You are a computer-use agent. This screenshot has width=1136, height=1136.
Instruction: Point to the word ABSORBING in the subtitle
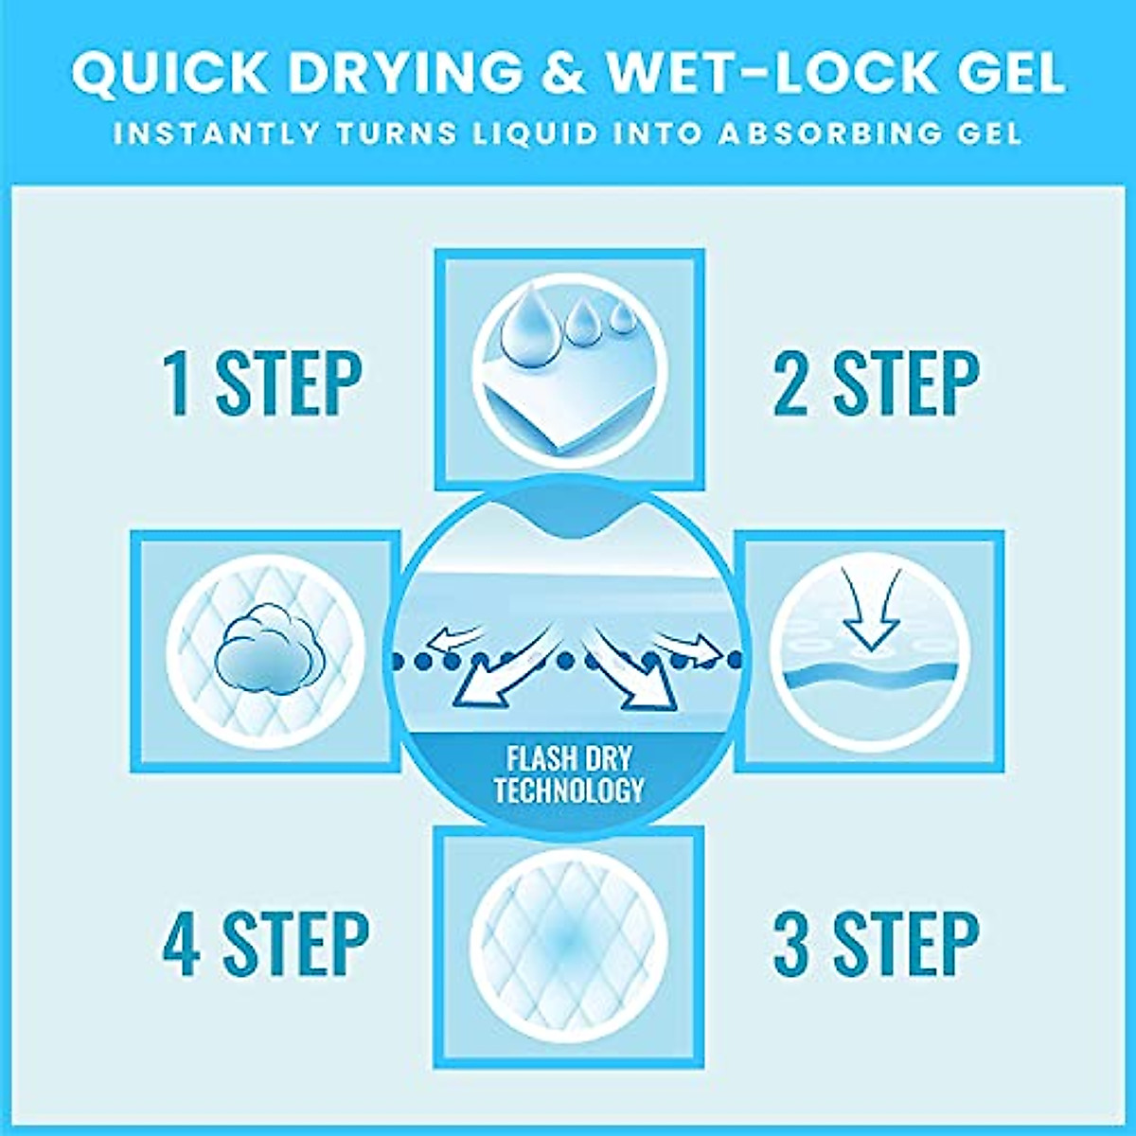815,133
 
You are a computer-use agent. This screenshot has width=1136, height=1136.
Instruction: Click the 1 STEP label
262,383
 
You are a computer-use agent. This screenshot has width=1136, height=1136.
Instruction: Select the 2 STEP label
876,383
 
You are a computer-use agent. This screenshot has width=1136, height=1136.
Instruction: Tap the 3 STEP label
876,944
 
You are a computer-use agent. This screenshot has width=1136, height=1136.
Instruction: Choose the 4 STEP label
265,944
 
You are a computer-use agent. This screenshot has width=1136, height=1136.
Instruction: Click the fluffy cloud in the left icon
264,654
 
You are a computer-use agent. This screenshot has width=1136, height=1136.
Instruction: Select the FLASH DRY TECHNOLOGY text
568,774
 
